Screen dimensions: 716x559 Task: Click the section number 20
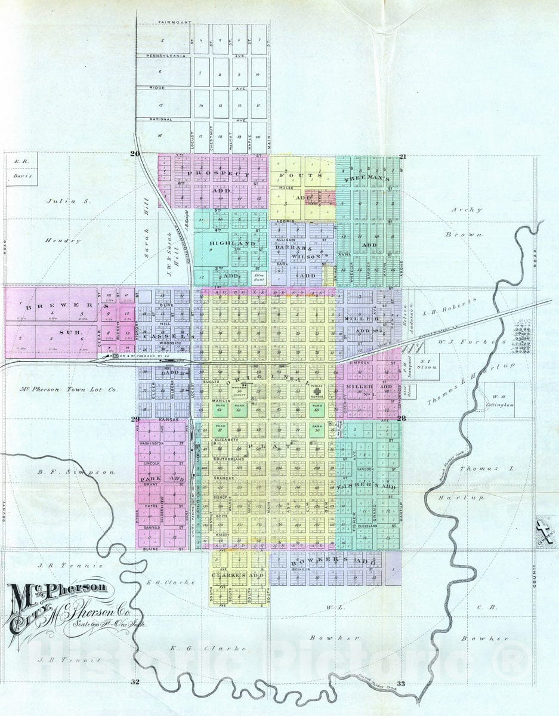tap(135, 154)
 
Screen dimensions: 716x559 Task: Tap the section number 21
tap(403, 157)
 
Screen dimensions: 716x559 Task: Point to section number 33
tap(400, 683)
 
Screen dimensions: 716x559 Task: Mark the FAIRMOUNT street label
tap(174, 23)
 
